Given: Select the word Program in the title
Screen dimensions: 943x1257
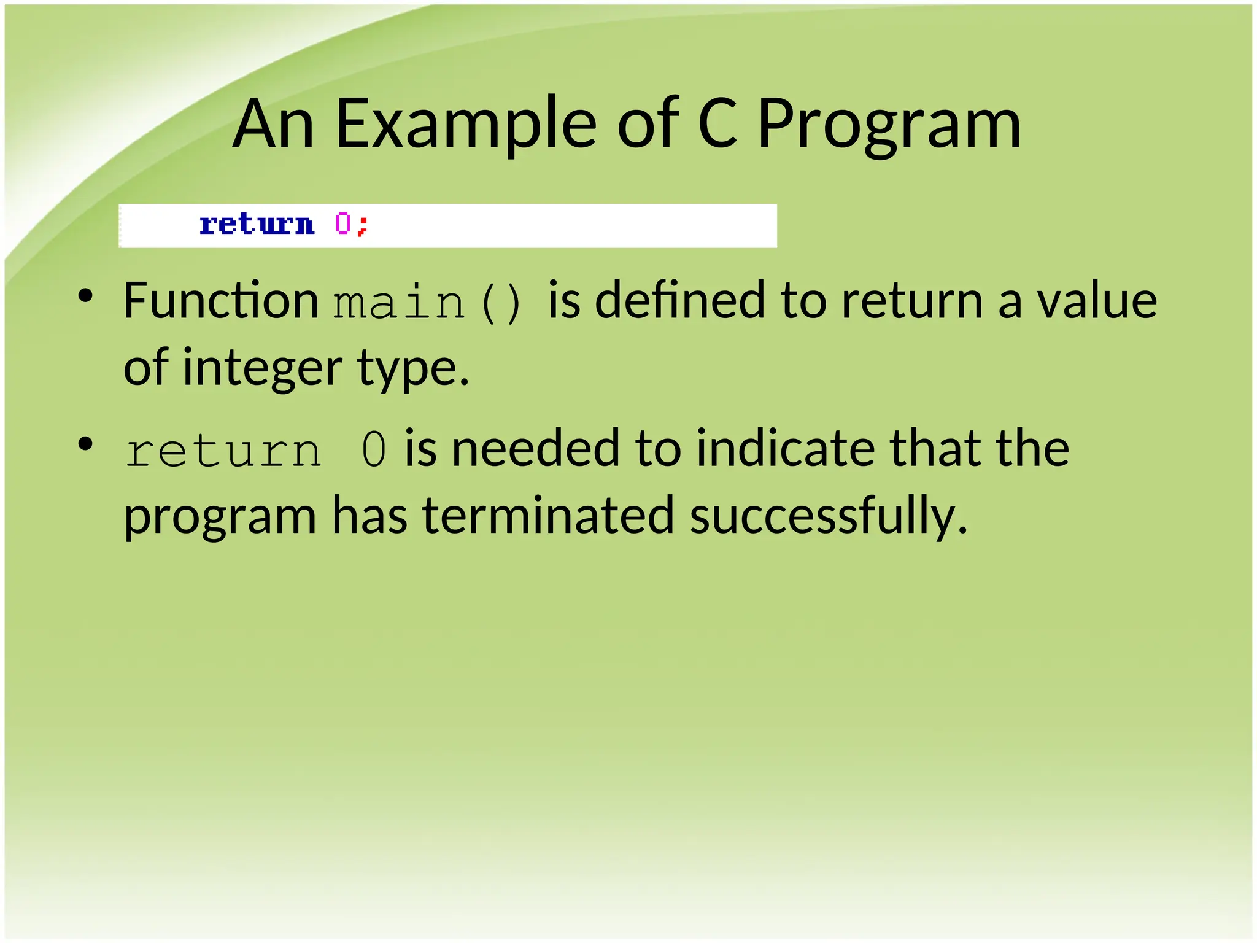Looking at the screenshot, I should (x=889, y=126).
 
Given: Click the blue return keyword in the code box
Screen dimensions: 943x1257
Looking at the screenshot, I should (x=257, y=225).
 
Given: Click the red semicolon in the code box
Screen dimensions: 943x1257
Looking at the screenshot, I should (x=363, y=226).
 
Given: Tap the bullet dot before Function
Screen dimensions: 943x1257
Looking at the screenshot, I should (x=85, y=297).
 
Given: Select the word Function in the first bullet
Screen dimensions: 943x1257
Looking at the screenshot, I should (x=221, y=301).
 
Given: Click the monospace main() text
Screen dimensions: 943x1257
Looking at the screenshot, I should (x=427, y=303).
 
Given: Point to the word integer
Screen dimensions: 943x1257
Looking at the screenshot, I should (x=262, y=368).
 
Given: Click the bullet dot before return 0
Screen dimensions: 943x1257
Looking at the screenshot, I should (x=85, y=444).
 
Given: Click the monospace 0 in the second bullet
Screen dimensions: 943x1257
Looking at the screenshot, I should (x=374, y=450).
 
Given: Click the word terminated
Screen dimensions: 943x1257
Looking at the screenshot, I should (x=548, y=516).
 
